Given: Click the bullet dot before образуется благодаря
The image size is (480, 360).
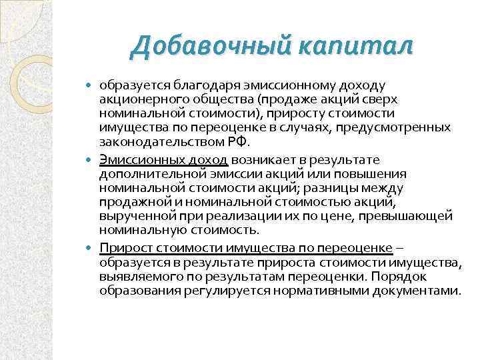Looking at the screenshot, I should [92, 86].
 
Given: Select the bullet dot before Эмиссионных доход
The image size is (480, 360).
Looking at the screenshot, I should [92, 161].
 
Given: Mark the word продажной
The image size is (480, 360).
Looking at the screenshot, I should [128, 203].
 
